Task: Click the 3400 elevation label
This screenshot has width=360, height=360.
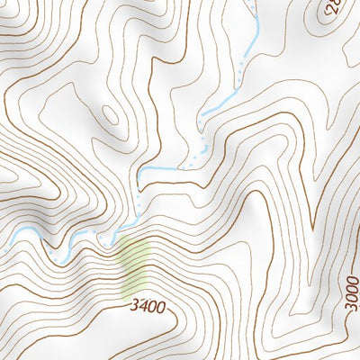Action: (147, 307)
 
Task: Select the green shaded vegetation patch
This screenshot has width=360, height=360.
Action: (135, 267)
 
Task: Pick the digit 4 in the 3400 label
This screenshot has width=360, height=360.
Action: (142, 307)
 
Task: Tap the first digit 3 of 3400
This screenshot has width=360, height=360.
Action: (133, 306)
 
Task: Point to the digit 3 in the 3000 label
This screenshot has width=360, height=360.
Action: (352, 310)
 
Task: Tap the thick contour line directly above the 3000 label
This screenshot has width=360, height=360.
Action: (352, 261)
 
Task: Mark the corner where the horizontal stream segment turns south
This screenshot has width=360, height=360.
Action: (140, 171)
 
